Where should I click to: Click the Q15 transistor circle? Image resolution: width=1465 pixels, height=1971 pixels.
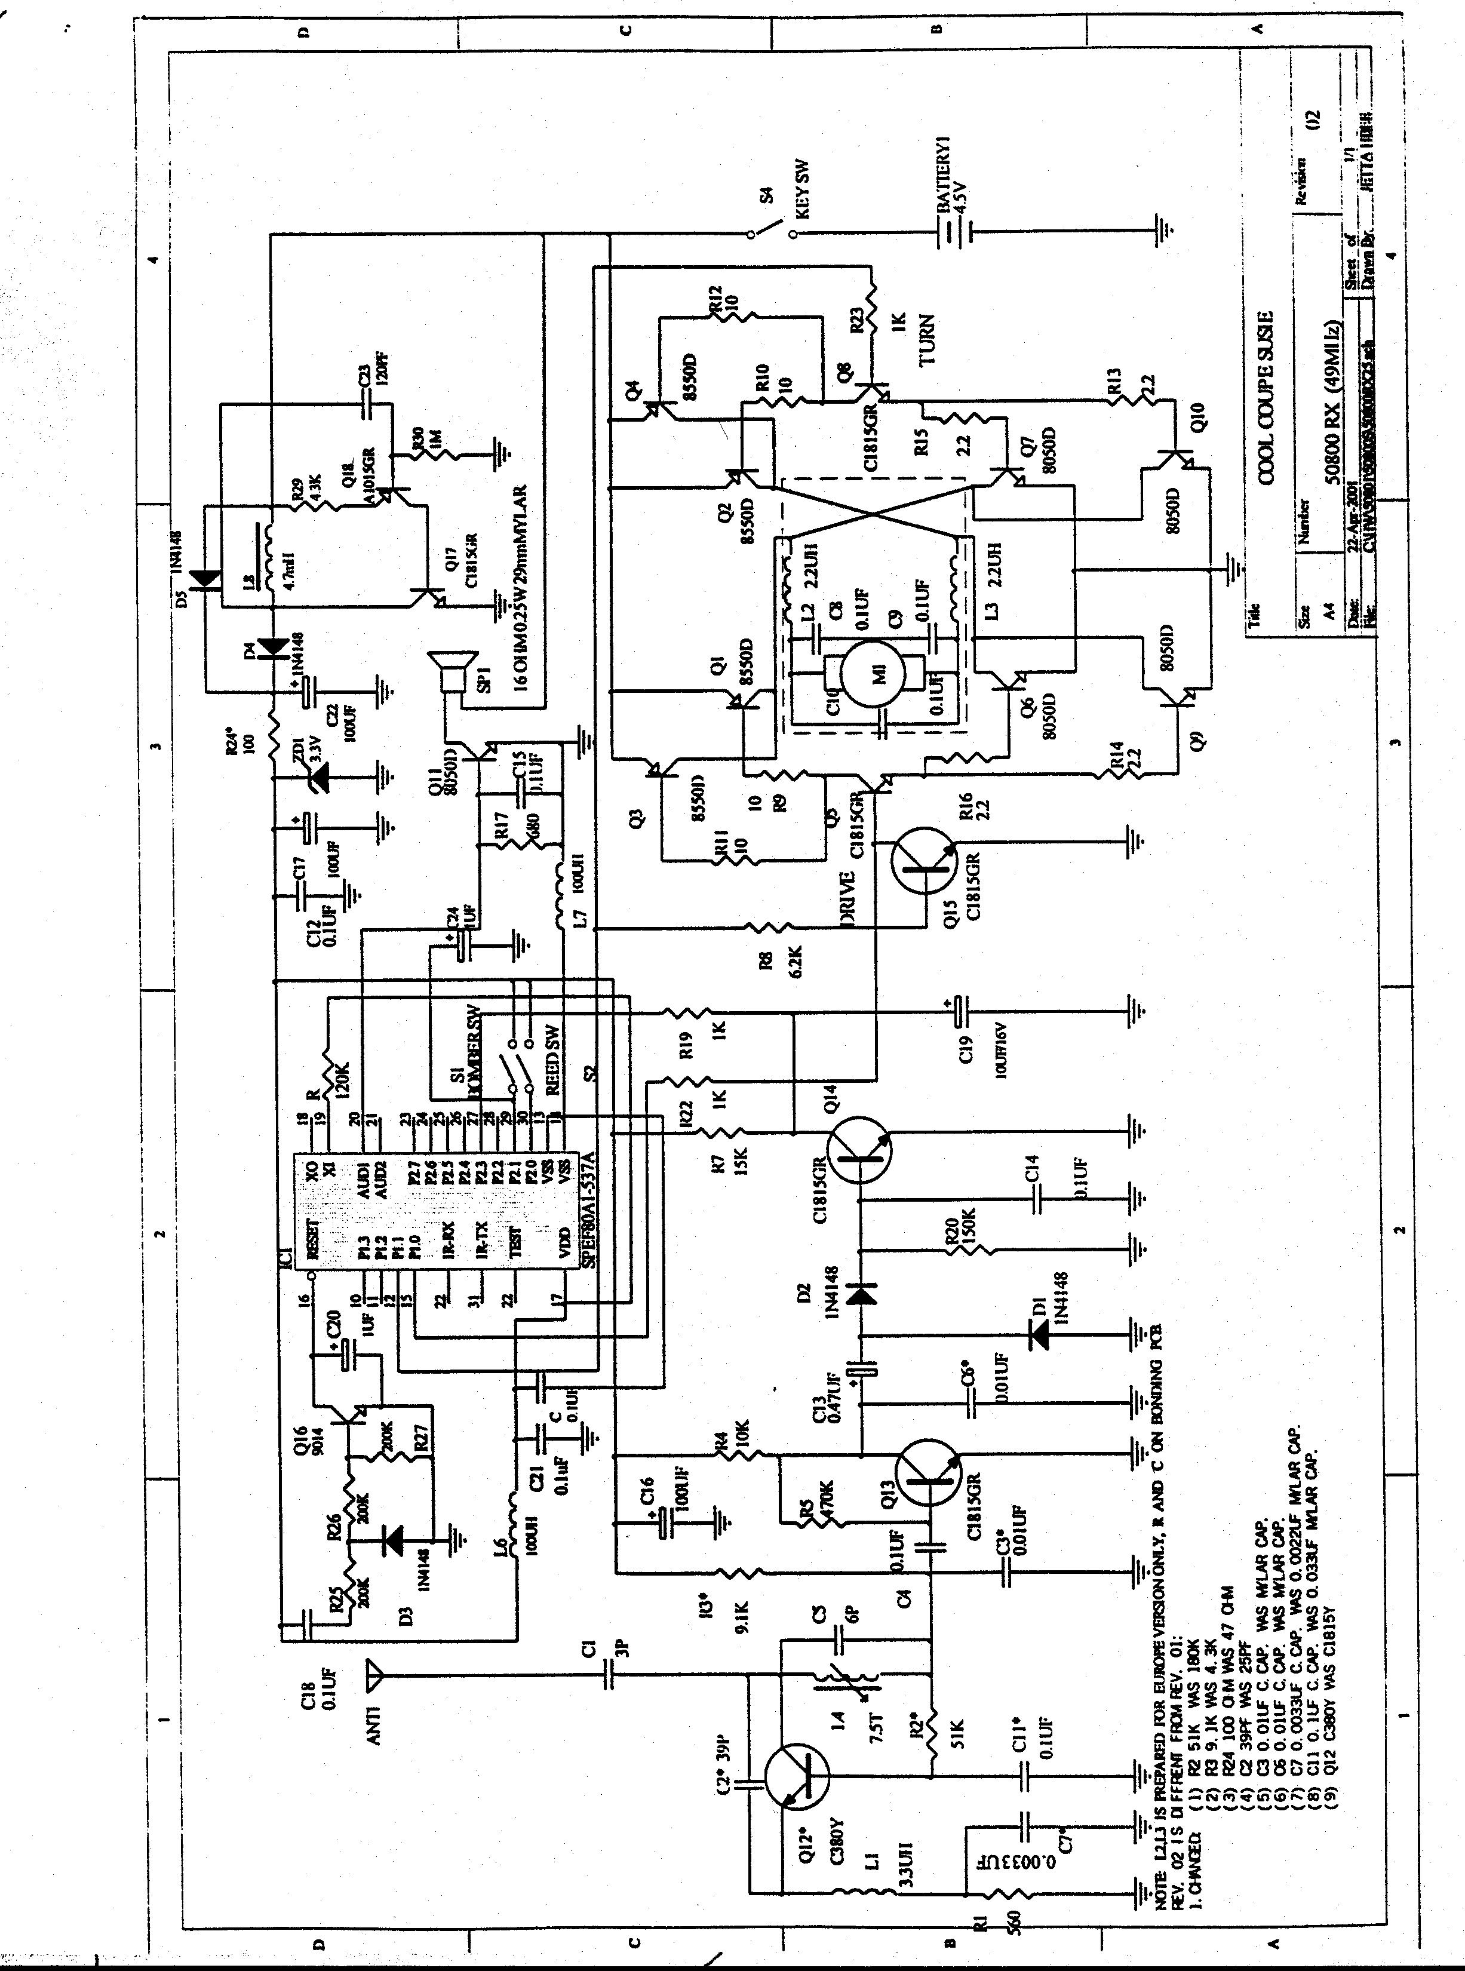[x=925, y=861]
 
